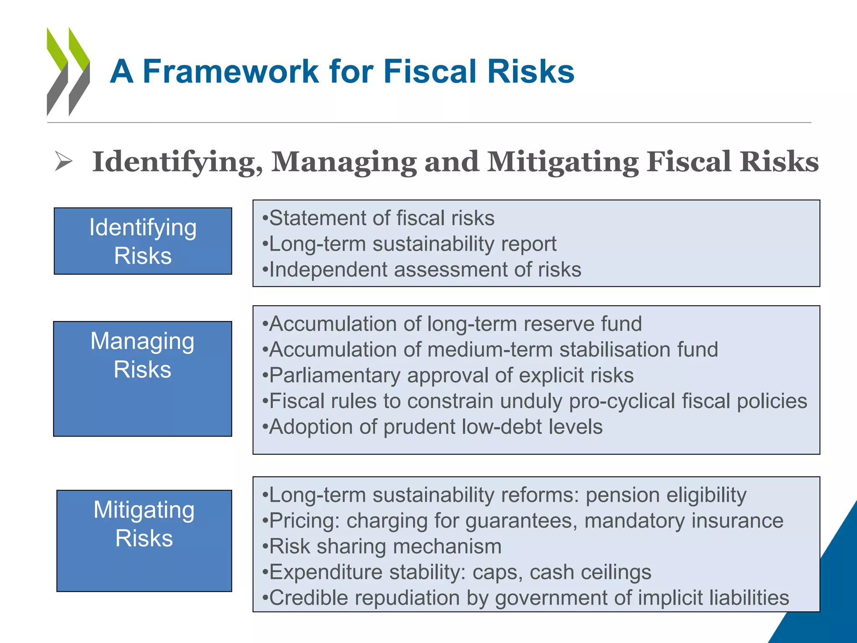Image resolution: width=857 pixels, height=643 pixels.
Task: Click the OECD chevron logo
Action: click(x=68, y=72)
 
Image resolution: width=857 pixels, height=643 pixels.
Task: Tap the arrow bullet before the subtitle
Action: click(x=64, y=162)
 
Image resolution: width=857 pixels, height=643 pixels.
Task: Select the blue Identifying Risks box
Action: click(x=143, y=241)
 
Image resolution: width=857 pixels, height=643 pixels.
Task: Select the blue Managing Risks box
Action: click(x=143, y=378)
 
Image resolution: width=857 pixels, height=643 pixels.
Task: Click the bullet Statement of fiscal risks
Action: click(x=378, y=218)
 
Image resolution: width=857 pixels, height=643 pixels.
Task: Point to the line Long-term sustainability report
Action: click(x=409, y=244)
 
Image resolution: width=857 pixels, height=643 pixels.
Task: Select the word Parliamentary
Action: click(x=335, y=376)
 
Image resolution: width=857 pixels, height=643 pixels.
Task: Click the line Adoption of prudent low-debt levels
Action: click(x=432, y=427)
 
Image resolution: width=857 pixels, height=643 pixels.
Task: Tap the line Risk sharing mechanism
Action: click(x=382, y=547)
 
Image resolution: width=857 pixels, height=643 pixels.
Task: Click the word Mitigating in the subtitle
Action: click(x=563, y=162)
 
